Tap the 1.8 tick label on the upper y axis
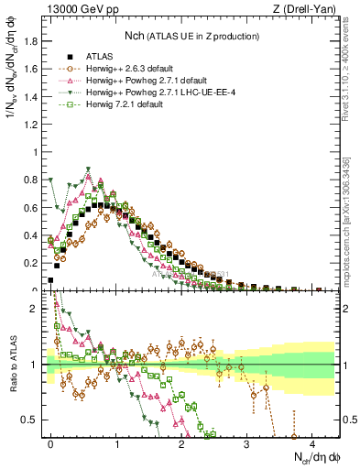pos(32,41)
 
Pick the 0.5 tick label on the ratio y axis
pos(32,420)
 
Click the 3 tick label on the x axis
pos(246,442)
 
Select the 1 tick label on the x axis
pos(116,442)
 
